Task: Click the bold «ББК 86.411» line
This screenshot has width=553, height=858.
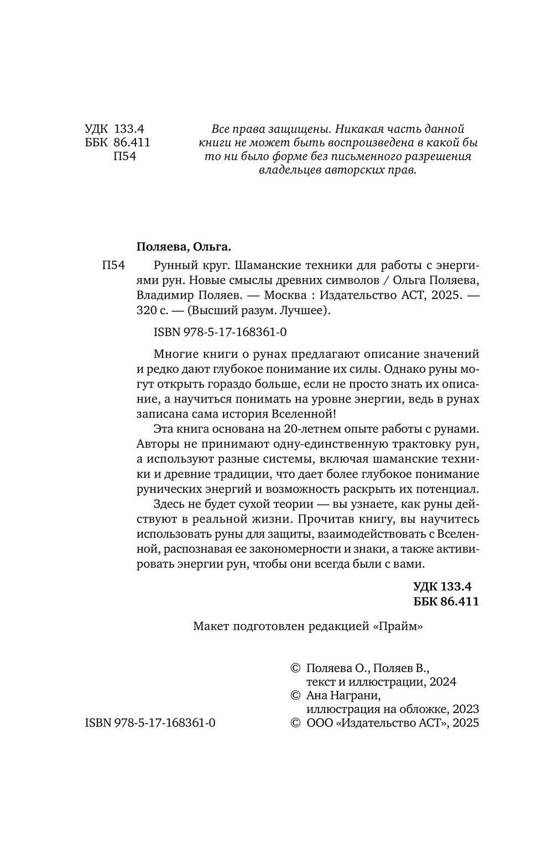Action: tap(446, 601)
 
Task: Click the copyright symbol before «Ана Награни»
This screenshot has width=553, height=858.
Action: tap(295, 695)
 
